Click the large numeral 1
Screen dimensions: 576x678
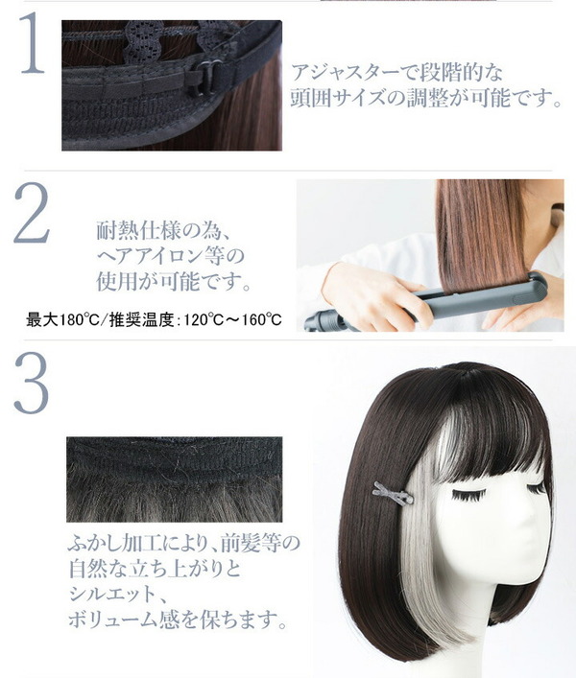point(34,42)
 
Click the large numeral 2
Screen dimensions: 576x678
point(32,212)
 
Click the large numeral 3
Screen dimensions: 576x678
point(31,383)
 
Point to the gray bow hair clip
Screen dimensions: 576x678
point(393,493)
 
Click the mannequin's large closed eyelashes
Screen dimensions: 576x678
point(468,494)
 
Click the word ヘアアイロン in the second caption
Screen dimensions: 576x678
point(153,256)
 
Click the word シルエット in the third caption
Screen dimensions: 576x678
point(112,595)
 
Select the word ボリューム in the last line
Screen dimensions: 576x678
point(113,620)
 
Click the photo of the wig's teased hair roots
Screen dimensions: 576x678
point(175,479)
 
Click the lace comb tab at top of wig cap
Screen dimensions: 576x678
point(144,39)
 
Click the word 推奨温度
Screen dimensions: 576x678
point(141,320)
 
